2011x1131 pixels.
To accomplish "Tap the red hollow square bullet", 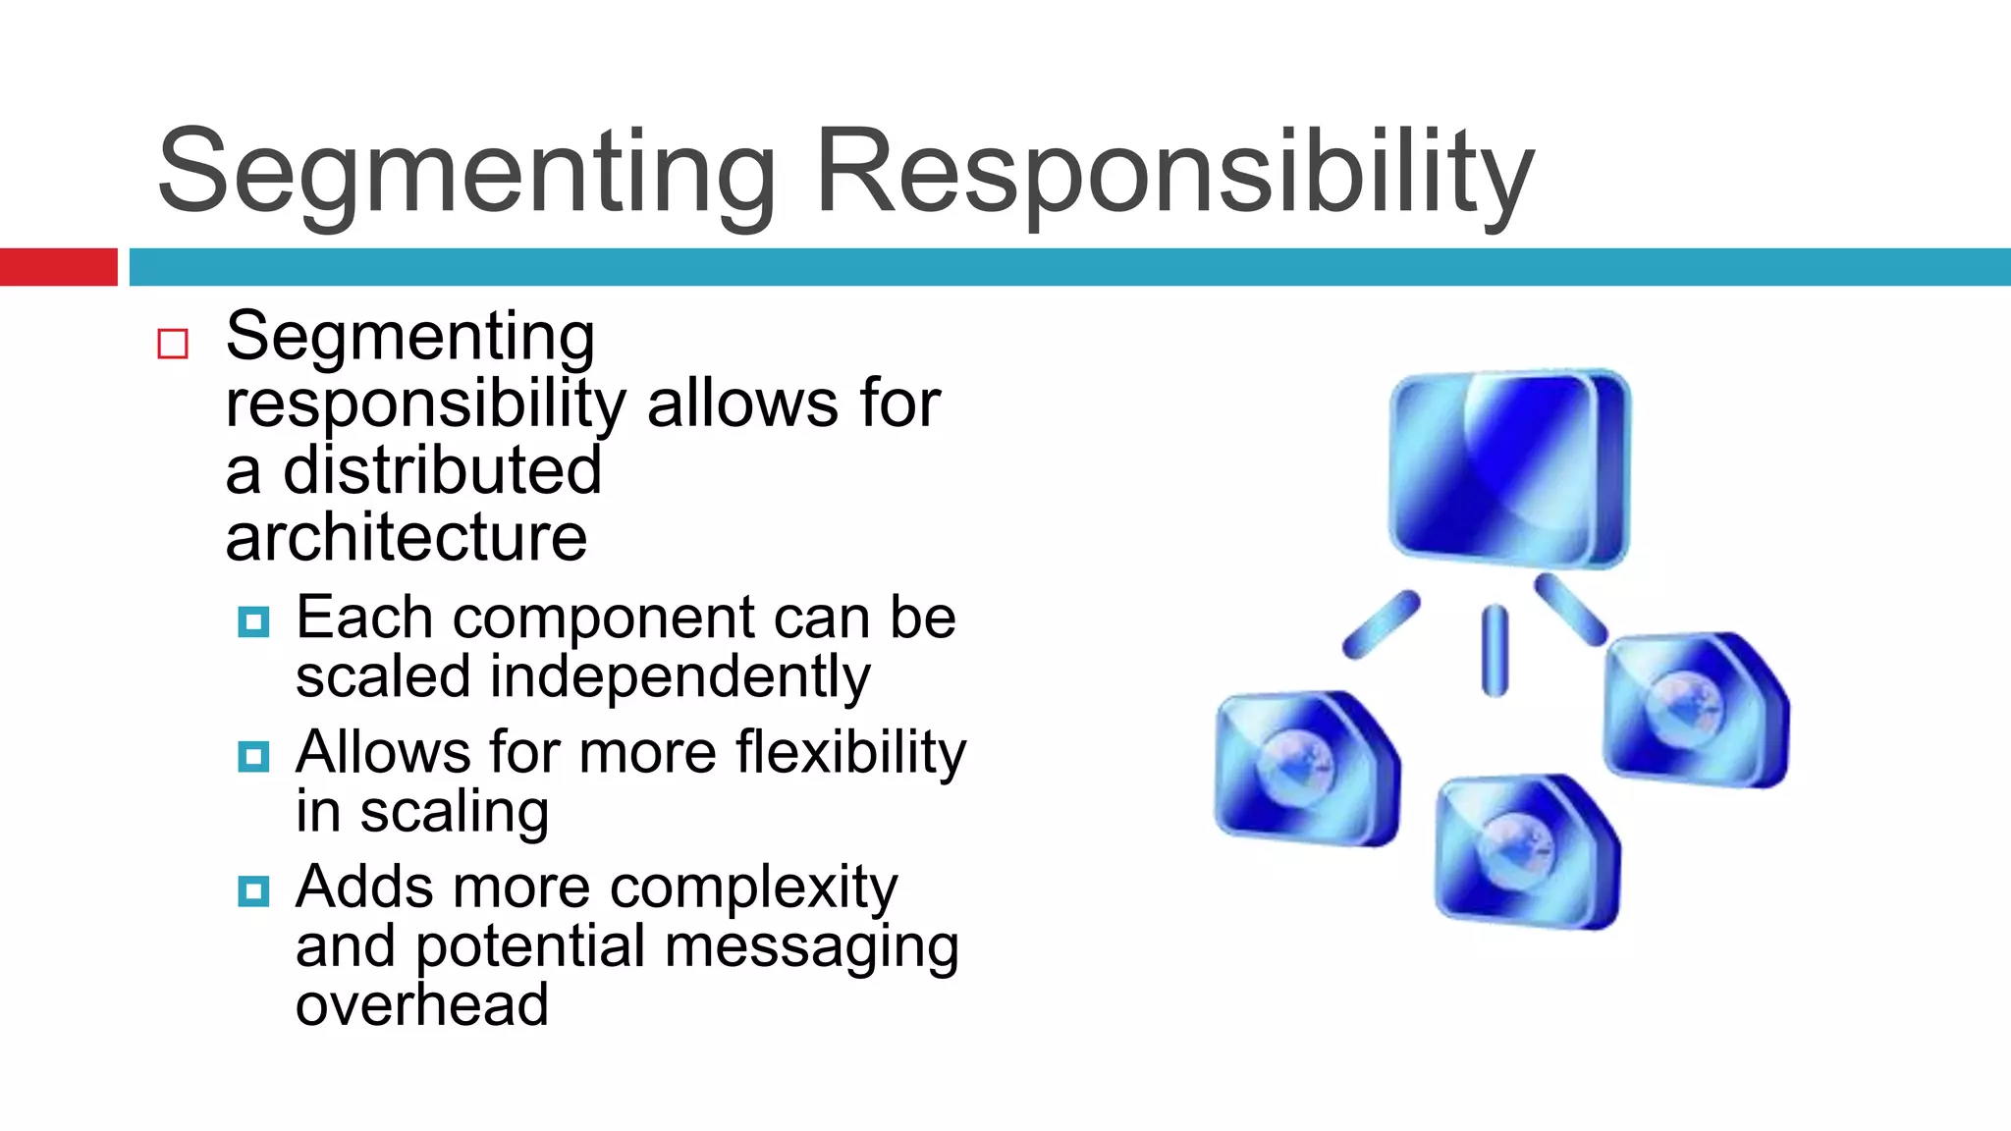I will pyautogui.click(x=173, y=344).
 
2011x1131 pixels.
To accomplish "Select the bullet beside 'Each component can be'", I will pyautogui.click(x=253, y=621).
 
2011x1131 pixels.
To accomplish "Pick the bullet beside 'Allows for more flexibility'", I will pyautogui.click(x=253, y=756).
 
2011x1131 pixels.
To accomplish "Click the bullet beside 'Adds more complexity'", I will pyautogui.click(x=253, y=890).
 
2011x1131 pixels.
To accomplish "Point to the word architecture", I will pyautogui.click(x=406, y=538).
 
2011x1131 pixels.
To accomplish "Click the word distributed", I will pyautogui.click(x=442, y=470).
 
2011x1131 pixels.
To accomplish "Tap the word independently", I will pyautogui.click(x=679, y=677).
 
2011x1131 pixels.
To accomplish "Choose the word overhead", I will pyautogui.click(x=421, y=1005).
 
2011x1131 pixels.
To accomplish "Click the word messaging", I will pyautogui.click(x=811, y=947).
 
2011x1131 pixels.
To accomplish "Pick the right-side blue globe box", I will pyautogui.click(x=1695, y=709).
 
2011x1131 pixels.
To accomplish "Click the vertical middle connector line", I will pyautogui.click(x=1495, y=650).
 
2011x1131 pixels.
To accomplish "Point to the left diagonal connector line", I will pyautogui.click(x=1381, y=624).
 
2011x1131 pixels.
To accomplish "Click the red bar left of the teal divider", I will pyautogui.click(x=58, y=267).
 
